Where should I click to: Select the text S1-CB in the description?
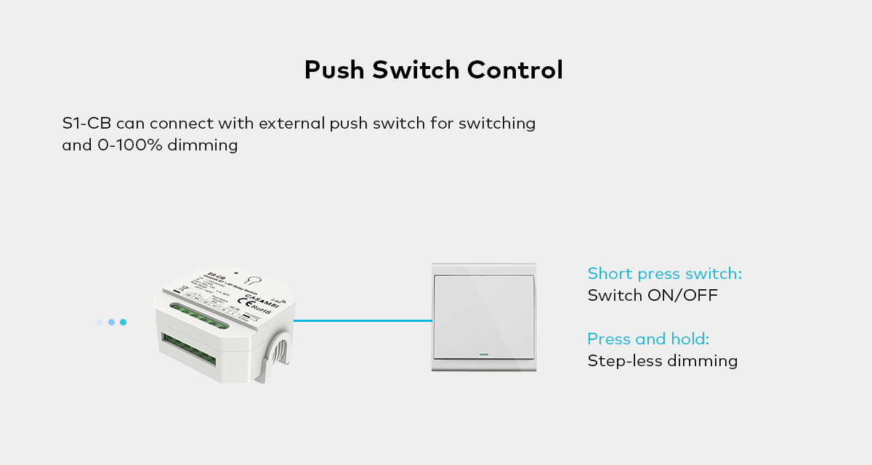[x=86, y=123]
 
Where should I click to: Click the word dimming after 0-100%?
[x=203, y=145]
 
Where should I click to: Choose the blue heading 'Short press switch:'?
[x=664, y=274]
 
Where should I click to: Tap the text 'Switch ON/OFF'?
[x=653, y=296]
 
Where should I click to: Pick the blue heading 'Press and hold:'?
[x=648, y=339]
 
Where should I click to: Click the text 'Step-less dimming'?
[x=662, y=361]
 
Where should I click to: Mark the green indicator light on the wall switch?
[x=484, y=355]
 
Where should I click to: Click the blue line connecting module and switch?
[x=363, y=320]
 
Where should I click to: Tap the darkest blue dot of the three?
[x=124, y=322]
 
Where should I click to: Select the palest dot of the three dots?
[x=99, y=322]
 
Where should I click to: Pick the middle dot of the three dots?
[x=111, y=322]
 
